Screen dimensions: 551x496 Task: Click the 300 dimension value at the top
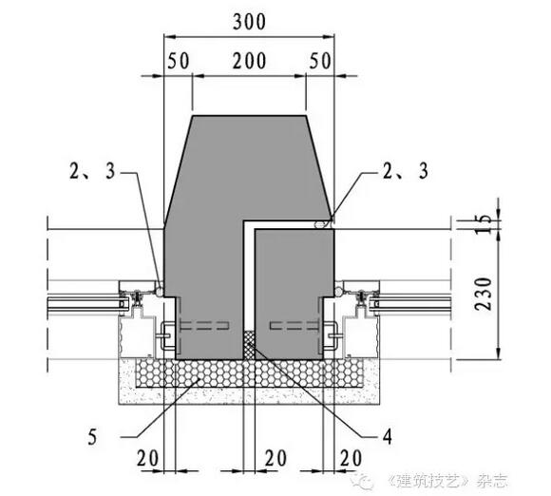(x=249, y=22)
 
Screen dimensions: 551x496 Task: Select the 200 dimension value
(x=249, y=61)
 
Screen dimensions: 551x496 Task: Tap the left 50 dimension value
(x=179, y=61)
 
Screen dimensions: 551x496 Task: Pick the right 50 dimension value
(x=320, y=61)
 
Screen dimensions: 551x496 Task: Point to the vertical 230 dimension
(x=484, y=294)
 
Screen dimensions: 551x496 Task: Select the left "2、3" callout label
(x=92, y=171)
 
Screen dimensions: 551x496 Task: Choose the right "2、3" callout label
(x=405, y=171)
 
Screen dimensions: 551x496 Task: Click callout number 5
(x=92, y=438)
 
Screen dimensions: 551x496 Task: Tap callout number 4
(x=387, y=437)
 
